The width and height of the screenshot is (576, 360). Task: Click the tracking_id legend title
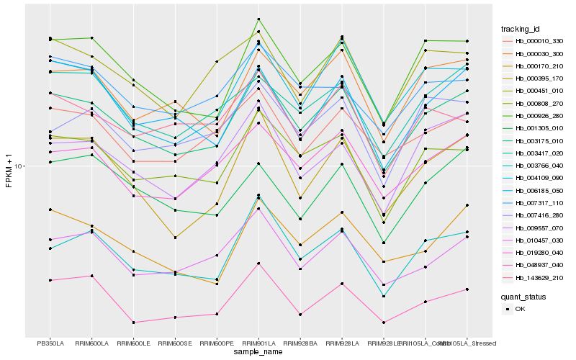tap(521, 29)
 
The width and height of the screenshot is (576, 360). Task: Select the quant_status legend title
tap(523, 296)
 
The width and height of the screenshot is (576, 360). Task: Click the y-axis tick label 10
tap(20, 166)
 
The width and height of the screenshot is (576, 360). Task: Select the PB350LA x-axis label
tap(50, 343)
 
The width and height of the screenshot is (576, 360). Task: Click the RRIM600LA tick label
tap(91, 343)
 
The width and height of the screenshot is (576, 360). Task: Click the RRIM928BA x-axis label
tap(300, 343)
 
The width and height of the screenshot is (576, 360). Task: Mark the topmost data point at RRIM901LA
tap(258, 19)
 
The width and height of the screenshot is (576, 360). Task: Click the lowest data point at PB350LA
tap(50, 280)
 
